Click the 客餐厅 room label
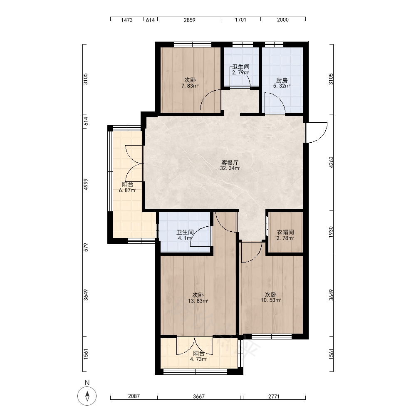click(230, 162)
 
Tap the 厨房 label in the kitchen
click(282, 80)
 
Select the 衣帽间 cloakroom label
click(285, 232)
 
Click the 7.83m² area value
click(190, 86)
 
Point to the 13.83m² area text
click(198, 301)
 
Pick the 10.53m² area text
click(271, 300)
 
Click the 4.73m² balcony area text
click(198, 359)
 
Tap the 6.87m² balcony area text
click(128, 190)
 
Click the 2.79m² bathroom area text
click(240, 72)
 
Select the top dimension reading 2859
click(190, 20)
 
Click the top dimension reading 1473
click(127, 20)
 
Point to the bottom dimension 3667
click(199, 396)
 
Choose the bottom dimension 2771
click(274, 396)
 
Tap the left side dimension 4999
click(85, 184)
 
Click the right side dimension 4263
click(331, 162)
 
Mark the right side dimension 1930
click(331, 232)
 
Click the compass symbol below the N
click(87, 396)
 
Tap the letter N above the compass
click(87, 383)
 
